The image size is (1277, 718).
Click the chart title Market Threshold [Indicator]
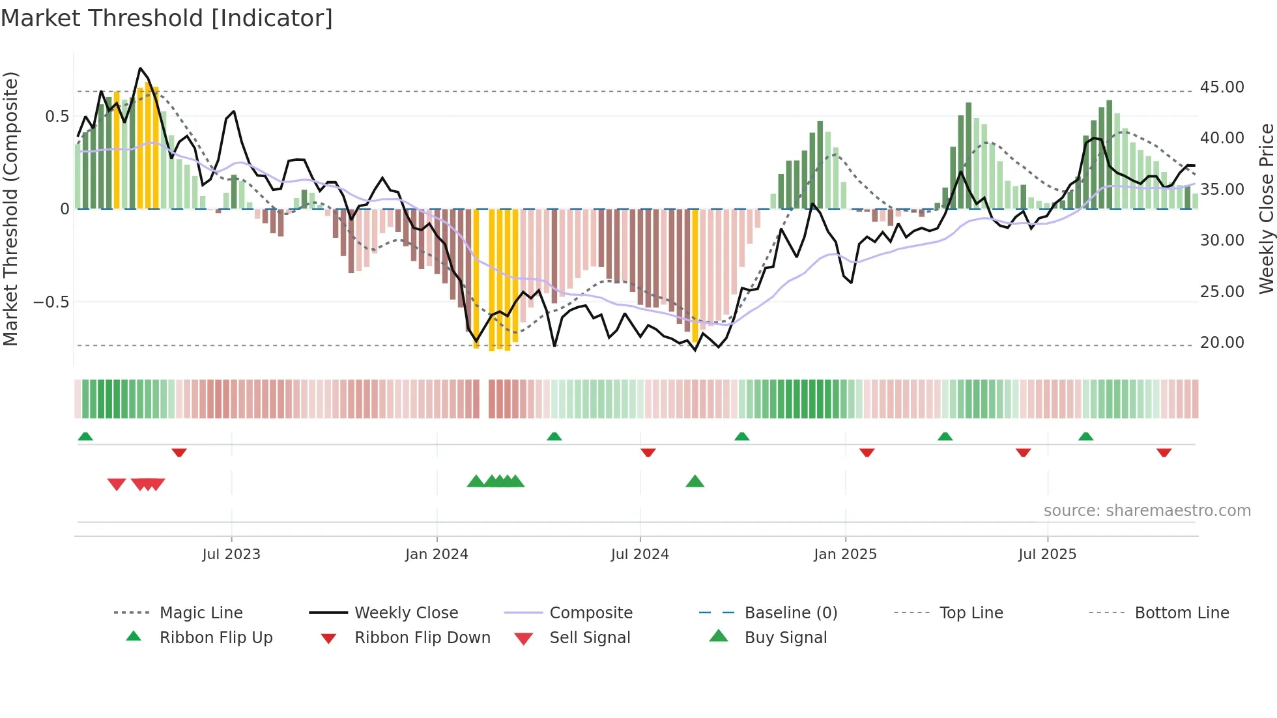pos(167,18)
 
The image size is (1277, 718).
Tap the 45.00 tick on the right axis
pos(1222,87)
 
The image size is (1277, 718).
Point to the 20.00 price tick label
pos(1222,343)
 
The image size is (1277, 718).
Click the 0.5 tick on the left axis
pos(57,117)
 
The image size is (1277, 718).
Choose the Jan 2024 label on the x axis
pos(437,554)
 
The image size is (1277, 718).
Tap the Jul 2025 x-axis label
pos(1047,554)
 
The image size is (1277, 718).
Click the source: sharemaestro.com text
pos(1147,511)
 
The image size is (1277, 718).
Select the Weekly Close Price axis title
pos(1266,208)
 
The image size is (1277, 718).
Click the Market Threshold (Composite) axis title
pos(10,208)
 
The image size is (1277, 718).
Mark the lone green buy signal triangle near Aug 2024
pos(695,481)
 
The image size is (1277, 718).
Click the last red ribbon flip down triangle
pos(1164,452)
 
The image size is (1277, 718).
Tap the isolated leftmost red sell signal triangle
pos(117,484)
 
